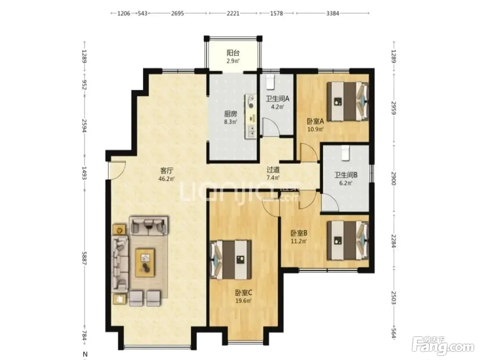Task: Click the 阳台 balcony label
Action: click(233, 53)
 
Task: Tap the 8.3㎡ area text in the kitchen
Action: click(231, 122)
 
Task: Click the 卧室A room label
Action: click(315, 121)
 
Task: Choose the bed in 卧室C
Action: click(231, 260)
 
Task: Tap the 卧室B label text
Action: click(299, 233)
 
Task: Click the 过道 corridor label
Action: click(273, 169)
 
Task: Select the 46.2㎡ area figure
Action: click(167, 179)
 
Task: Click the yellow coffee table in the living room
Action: click(145, 263)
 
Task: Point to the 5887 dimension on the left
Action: click(84, 259)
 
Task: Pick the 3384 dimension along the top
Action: click(333, 13)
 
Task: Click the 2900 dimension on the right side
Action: click(393, 178)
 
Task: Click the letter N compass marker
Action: click(85, 355)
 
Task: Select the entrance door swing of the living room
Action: click(117, 170)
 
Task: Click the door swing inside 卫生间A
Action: click(271, 127)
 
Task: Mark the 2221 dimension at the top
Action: click(233, 13)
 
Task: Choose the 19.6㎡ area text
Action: click(243, 301)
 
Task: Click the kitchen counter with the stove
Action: click(251, 116)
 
